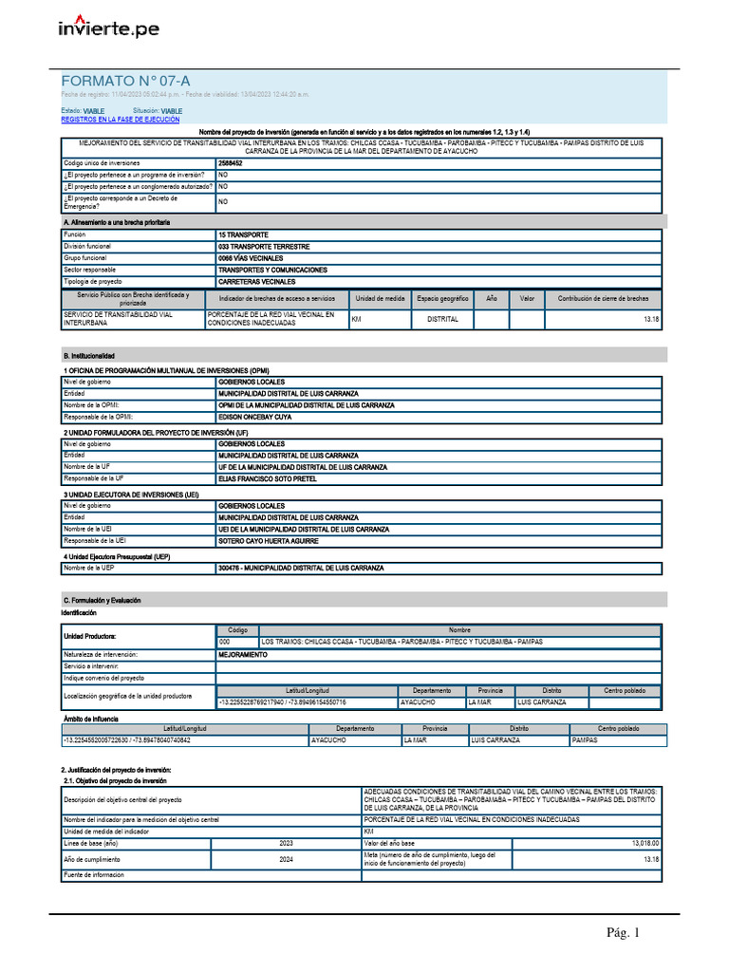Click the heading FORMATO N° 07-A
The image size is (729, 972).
pyautogui.click(x=119, y=82)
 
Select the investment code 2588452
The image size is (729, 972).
pyautogui.click(x=230, y=163)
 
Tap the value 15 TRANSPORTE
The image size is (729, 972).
pyautogui.click(x=243, y=234)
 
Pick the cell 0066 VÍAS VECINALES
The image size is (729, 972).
pyautogui.click(x=252, y=257)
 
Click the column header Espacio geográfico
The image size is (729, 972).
pyautogui.click(x=442, y=298)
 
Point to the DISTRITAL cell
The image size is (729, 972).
pyautogui.click(x=442, y=319)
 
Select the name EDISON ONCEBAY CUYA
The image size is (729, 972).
pyautogui.click(x=254, y=417)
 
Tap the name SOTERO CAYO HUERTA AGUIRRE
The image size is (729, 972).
pyautogui.click(x=268, y=541)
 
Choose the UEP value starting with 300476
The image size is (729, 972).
pyautogui.click(x=301, y=568)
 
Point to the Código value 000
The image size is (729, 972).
pyautogui.click(x=225, y=642)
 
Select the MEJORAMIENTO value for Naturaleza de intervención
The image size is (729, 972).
pyautogui.click(x=242, y=655)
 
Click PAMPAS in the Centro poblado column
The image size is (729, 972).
pyautogui.click(x=585, y=739)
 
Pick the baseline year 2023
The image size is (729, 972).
pyautogui.click(x=286, y=843)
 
